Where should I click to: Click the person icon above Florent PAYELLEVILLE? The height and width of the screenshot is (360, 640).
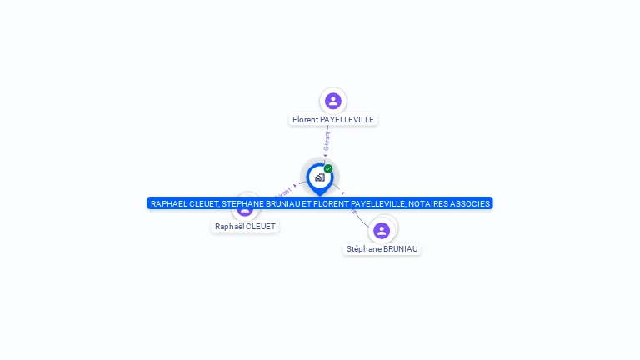point(333,101)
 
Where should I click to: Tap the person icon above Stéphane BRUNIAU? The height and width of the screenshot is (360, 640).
point(382,230)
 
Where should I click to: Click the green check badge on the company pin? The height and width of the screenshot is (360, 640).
point(328,169)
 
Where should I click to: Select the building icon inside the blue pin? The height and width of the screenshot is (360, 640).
point(319,177)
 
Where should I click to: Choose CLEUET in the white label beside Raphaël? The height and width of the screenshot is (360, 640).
point(261,227)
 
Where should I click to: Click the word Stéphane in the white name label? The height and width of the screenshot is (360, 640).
point(363,249)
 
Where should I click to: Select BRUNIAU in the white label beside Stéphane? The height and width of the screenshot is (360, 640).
point(401,249)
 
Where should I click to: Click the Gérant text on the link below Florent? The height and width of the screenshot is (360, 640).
point(327,140)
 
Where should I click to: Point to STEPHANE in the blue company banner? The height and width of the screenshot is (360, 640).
point(243,203)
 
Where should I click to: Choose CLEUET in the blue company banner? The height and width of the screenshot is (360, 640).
point(203,203)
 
